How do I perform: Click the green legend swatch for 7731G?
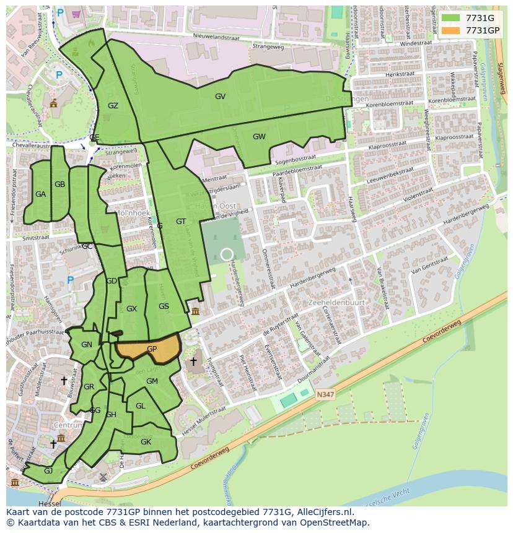point(450,18)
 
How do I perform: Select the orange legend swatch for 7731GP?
point(450,30)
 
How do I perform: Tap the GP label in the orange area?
point(152,349)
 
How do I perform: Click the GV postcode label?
point(220,97)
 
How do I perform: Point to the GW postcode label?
point(259,137)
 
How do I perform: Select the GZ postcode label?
point(113,106)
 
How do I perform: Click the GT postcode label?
point(181,222)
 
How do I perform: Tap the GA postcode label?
point(40,194)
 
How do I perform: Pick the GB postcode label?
point(59,184)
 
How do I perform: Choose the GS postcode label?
point(164,306)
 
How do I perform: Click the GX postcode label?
point(131,309)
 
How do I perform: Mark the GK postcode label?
point(146,442)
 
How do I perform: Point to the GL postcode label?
point(140,406)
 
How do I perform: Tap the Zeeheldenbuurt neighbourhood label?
point(336,303)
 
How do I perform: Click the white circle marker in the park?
point(227,254)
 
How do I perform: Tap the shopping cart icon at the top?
point(76,13)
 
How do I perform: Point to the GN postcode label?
point(87,345)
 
